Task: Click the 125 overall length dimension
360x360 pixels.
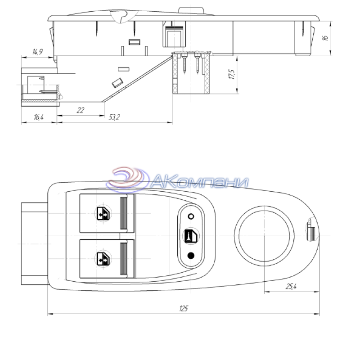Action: (x=184, y=308)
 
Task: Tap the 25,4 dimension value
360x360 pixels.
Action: (x=291, y=286)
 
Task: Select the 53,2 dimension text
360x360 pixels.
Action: (x=114, y=117)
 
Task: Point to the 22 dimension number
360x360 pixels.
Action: (x=81, y=110)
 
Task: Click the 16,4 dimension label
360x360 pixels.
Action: (x=39, y=117)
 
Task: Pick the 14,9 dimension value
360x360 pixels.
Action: (x=37, y=52)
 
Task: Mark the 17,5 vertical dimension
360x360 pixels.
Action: (x=232, y=74)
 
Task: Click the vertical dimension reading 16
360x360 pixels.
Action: (x=325, y=38)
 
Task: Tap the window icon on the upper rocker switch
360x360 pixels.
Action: (x=103, y=213)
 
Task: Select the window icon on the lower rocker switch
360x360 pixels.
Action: (x=103, y=259)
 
